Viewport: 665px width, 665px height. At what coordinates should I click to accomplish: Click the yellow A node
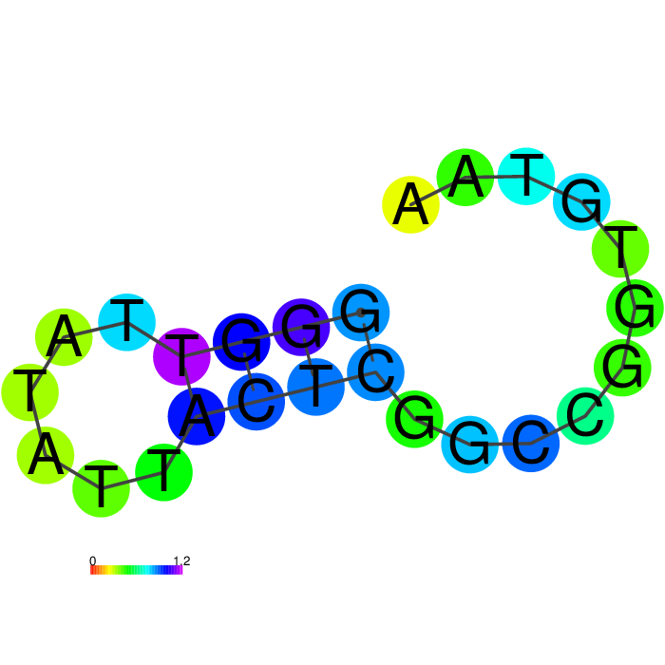click(x=410, y=204)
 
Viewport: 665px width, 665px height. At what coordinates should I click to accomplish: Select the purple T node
click(x=181, y=356)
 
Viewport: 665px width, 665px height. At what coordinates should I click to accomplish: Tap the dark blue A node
click(x=197, y=416)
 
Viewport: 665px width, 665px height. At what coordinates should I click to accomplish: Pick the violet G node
click(x=301, y=327)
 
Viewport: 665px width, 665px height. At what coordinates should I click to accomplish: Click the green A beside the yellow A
click(x=465, y=177)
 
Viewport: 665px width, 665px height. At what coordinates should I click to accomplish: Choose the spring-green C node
click(x=585, y=416)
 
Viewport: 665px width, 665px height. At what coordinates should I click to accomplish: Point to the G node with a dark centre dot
click(x=360, y=313)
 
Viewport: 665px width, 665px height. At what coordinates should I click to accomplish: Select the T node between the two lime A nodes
click(x=29, y=391)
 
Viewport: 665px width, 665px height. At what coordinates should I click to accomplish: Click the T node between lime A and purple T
click(x=126, y=322)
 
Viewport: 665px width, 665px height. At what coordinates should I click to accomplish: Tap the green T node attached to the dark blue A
click(x=163, y=472)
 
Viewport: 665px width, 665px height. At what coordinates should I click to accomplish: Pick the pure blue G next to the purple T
click(x=241, y=341)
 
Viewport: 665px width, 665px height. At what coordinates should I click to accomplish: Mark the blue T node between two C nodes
click(x=316, y=387)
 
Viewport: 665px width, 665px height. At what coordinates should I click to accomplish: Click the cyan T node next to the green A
click(x=526, y=176)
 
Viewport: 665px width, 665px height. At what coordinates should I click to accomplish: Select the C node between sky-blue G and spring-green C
click(x=530, y=444)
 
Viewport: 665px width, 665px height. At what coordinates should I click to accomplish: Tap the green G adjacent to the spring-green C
click(x=622, y=368)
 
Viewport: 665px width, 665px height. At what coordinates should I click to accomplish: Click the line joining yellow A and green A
click(x=438, y=191)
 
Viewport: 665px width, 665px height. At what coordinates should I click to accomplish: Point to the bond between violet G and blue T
click(x=309, y=356)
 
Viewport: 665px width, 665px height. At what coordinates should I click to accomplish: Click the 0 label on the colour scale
click(x=92, y=560)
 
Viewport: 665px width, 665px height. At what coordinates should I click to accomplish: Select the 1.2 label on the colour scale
click(x=181, y=560)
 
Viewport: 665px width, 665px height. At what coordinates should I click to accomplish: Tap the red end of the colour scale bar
click(x=91, y=570)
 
